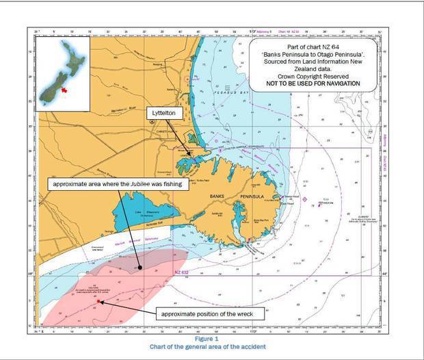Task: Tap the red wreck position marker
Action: pyautogui.click(x=99, y=301)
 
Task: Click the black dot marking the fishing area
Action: pyautogui.click(x=140, y=267)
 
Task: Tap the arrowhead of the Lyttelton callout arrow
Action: pyautogui.click(x=194, y=157)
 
